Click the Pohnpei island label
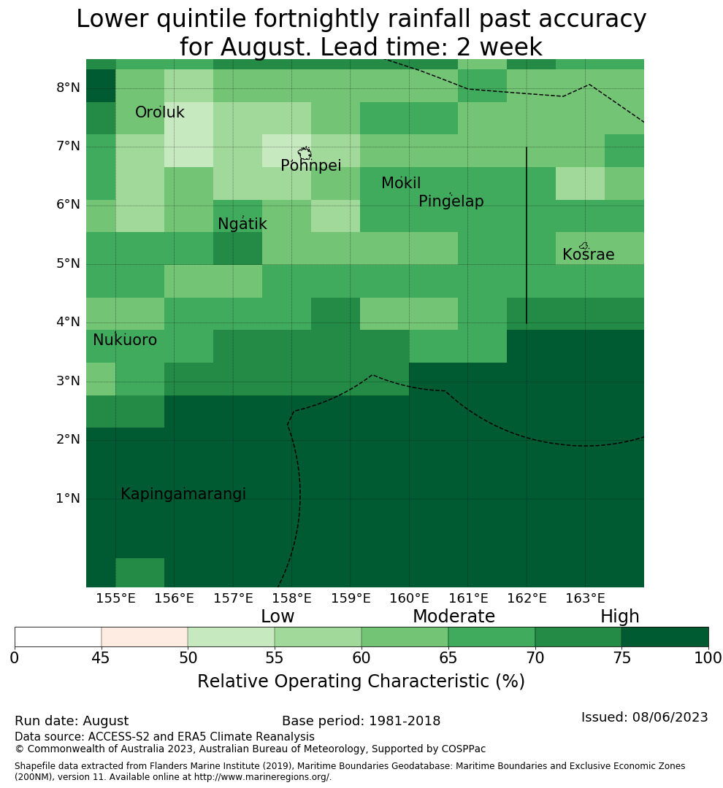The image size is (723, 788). pos(310,166)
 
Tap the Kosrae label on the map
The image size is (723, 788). pos(588,255)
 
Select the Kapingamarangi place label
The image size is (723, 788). pos(183,494)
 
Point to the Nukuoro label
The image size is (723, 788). pos(125,340)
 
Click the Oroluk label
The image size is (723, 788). pos(160,112)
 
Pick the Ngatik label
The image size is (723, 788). pos(242,224)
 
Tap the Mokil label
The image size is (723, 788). pos(401,183)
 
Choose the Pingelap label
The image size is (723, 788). pos(451,201)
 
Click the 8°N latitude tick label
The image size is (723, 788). pos(68,88)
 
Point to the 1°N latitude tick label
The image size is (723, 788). pos(68,498)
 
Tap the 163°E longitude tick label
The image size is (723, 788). pos(585,598)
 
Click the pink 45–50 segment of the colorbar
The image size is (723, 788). pos(145,637)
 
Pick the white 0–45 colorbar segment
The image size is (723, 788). pos(58,637)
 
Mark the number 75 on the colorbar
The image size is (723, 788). pos(622,658)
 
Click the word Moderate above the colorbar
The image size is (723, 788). pos(454,616)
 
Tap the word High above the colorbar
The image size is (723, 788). pos(620,617)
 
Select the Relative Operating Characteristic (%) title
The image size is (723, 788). pos(361,681)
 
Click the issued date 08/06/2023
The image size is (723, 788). pos(670,717)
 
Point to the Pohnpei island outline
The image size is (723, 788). pos(305,147)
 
